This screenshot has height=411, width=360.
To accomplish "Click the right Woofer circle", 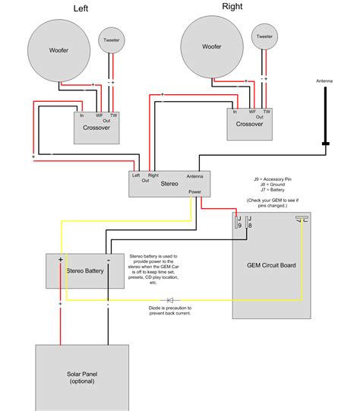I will point(212,47).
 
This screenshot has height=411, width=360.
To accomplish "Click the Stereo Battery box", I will point(84,270).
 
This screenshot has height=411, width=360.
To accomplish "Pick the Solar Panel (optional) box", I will point(83,377).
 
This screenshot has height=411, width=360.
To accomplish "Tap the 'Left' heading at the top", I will point(80,8).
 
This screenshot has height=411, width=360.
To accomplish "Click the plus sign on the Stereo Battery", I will point(61,261).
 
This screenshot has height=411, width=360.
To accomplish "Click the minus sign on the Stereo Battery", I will point(107,261).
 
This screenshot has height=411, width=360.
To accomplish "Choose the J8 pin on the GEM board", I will point(251,225).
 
